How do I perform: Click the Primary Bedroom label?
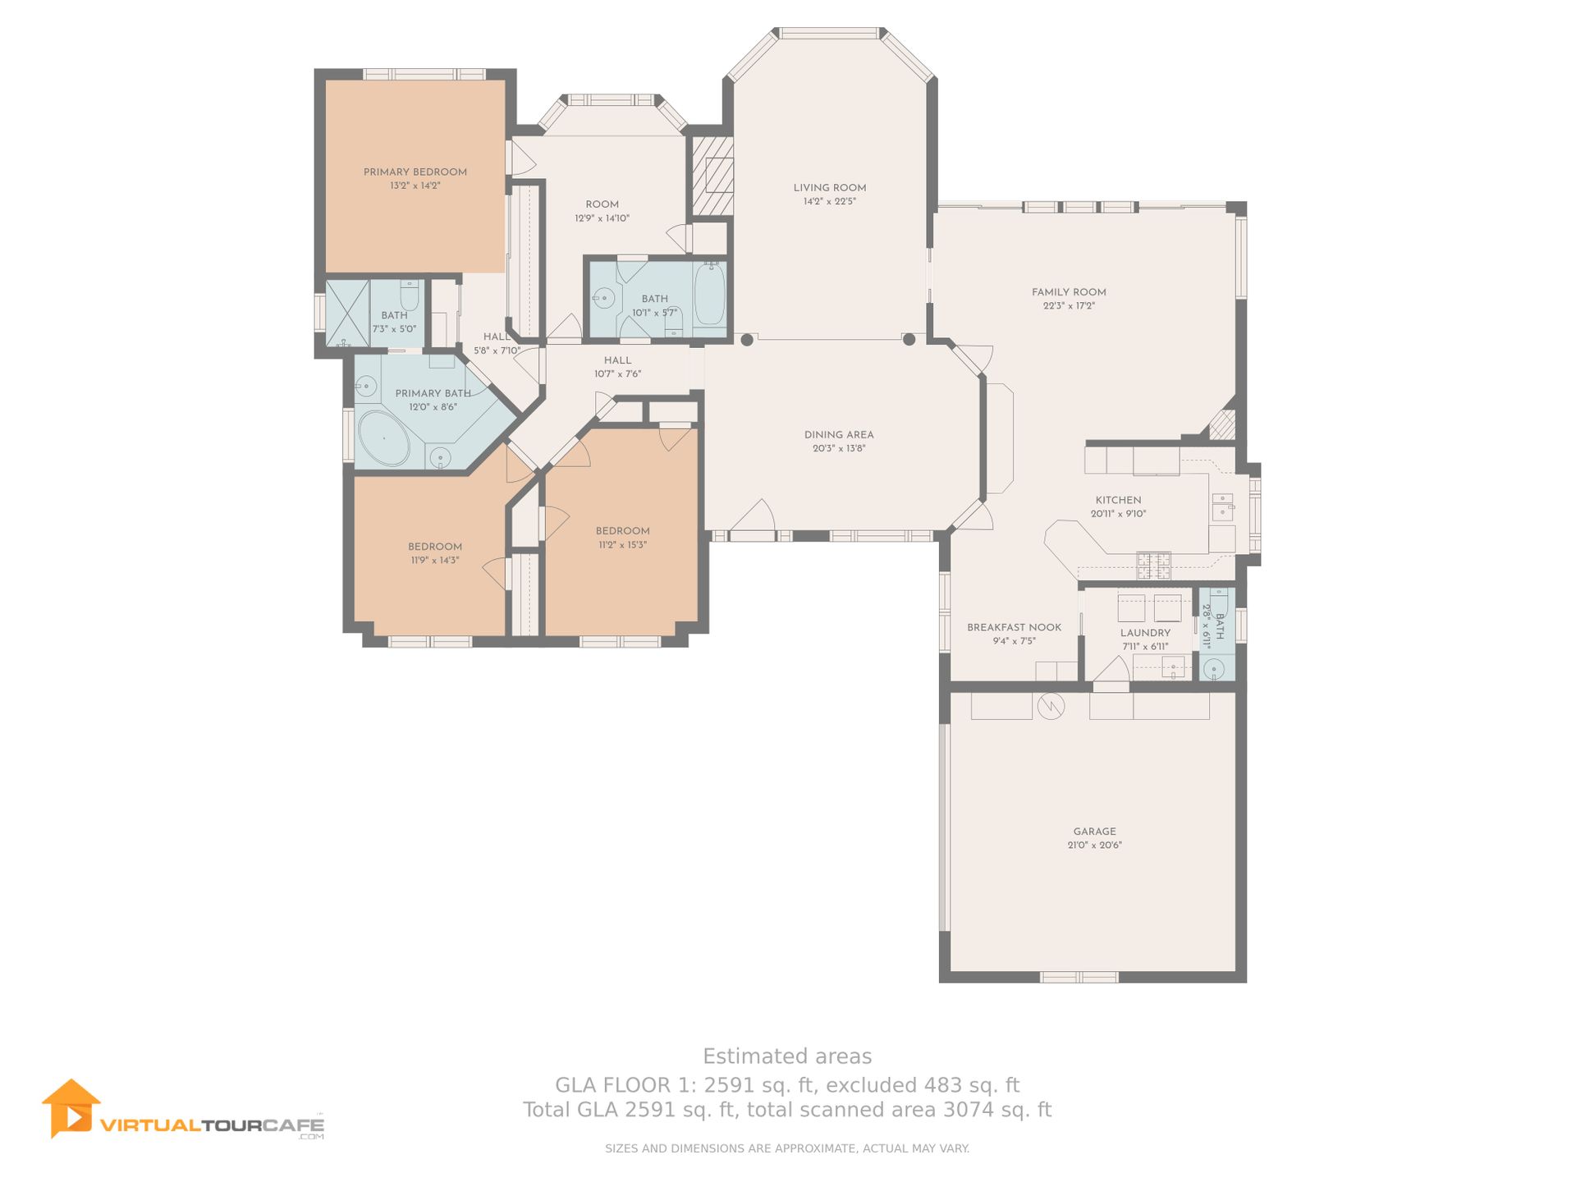415,172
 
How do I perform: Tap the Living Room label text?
830,187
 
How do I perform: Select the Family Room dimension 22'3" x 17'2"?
1069,306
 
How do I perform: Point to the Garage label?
1094,832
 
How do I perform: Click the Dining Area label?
839,435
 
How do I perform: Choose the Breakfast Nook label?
1014,627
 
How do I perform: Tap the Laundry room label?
1145,633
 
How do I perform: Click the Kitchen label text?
1118,500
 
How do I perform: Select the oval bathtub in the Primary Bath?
384,439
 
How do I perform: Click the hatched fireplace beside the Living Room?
712,176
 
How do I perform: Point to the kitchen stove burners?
1153,566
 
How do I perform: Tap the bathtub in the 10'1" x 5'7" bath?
709,294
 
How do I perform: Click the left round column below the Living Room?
747,339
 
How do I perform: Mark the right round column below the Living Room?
909,339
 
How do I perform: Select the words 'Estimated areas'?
787,1056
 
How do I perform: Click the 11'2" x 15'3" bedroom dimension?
622,545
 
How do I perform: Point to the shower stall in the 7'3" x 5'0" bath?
348,314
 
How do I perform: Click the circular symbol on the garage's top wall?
1051,706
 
